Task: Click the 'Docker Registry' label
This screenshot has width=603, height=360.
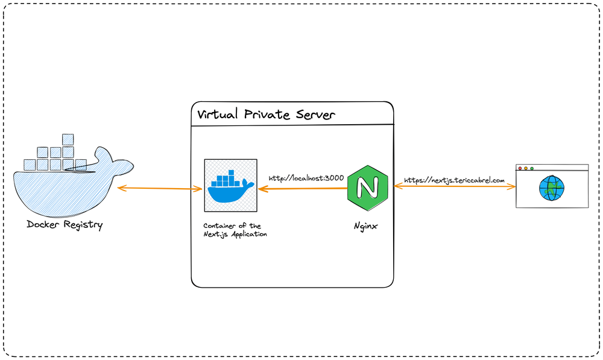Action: [x=65, y=224]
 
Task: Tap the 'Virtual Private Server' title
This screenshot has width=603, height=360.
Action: [x=266, y=114]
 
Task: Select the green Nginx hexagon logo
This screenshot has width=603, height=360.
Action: [x=368, y=188]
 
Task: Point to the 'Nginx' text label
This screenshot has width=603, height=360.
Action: [x=365, y=226]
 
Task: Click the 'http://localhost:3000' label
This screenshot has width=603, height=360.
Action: [x=306, y=178]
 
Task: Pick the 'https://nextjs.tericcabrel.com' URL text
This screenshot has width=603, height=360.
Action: [x=454, y=180]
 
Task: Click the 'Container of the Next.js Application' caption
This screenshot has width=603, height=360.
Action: [x=235, y=230]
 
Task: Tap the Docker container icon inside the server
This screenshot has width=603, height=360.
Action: [x=231, y=185]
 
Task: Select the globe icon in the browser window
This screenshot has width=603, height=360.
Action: [x=552, y=188]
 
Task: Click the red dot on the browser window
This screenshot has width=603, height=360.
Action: [x=520, y=168]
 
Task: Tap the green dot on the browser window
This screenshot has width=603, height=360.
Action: [x=532, y=168]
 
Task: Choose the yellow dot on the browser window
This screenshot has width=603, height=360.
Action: [x=526, y=168]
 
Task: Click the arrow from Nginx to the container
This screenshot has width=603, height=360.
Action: [x=303, y=189]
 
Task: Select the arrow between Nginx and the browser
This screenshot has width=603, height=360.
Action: [x=455, y=186]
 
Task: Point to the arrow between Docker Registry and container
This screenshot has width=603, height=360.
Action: [x=160, y=189]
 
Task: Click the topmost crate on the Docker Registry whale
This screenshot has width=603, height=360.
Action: [x=68, y=139]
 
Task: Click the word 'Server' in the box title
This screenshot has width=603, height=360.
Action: [x=315, y=115]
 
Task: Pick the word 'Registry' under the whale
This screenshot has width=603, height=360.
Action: [x=83, y=225]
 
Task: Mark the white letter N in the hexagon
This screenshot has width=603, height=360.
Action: [x=367, y=188]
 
